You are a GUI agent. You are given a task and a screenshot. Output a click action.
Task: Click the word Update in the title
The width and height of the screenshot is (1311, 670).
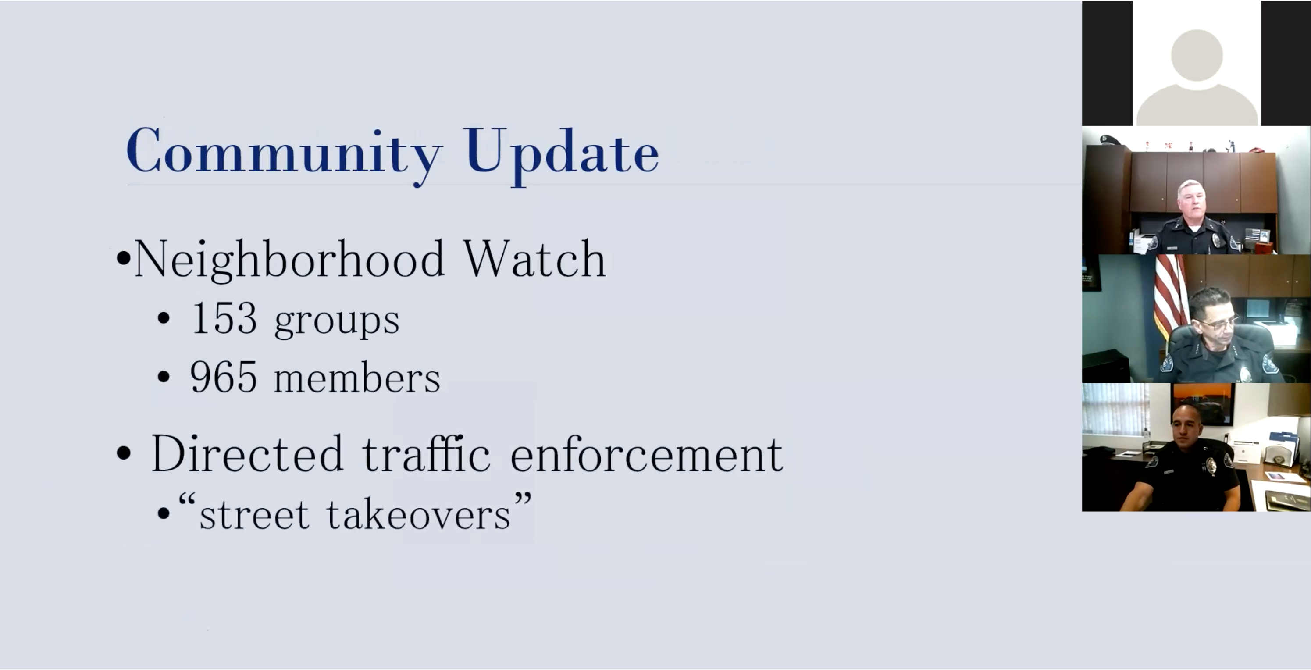tap(561, 155)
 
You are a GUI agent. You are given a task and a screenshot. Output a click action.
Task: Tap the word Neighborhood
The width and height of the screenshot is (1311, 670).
tap(289, 260)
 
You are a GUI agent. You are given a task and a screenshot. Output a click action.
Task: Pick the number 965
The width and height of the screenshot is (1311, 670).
tap(224, 377)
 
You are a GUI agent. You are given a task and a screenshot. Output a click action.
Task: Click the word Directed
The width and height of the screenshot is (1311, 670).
tap(247, 453)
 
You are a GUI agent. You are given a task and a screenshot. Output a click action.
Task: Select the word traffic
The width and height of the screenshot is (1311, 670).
tap(426, 453)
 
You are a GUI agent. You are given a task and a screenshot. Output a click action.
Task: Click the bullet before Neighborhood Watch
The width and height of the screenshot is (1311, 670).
tap(123, 258)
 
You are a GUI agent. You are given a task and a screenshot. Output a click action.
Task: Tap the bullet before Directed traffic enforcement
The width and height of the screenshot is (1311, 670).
tap(124, 453)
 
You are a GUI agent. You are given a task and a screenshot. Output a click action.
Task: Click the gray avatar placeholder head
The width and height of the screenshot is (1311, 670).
tap(1197, 55)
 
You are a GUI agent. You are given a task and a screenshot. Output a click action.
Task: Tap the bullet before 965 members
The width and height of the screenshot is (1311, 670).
tap(164, 377)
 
